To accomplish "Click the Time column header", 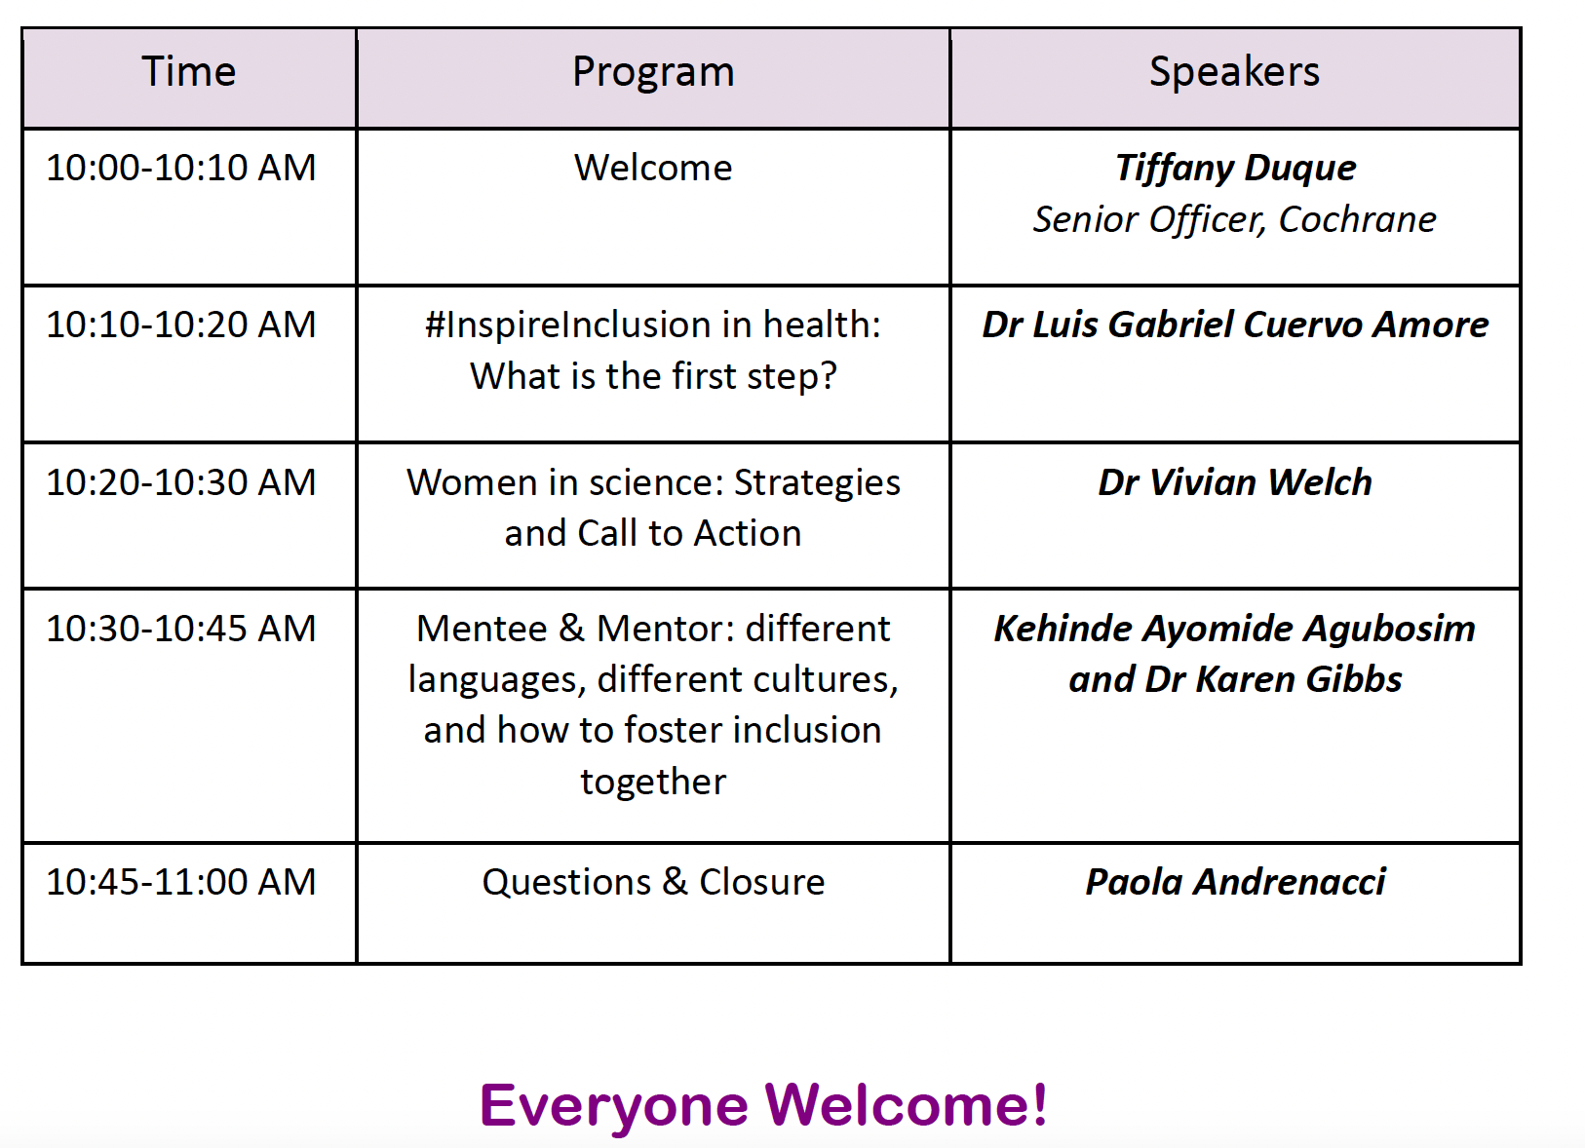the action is (x=189, y=71).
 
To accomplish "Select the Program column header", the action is (x=653, y=72).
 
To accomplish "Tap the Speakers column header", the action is (x=1235, y=72).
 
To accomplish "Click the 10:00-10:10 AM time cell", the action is (x=181, y=168).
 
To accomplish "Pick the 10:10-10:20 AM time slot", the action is (x=181, y=325).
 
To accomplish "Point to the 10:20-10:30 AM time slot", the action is (x=181, y=482).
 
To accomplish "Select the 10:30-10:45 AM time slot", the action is (x=181, y=629).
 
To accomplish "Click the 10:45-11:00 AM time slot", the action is (x=181, y=882).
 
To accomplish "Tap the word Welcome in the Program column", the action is (x=653, y=168).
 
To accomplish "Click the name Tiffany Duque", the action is (x=1235, y=170).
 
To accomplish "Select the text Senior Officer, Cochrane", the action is (x=1235, y=220).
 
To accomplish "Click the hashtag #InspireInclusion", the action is (x=568, y=326).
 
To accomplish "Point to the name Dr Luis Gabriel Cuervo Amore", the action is (x=1235, y=325).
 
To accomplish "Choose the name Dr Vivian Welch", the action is (x=1235, y=482).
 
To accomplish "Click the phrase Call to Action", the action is (x=689, y=533).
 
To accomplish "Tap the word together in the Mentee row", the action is (x=653, y=783).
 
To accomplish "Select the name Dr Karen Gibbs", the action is (x=1273, y=680).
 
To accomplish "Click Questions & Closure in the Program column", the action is (x=653, y=883).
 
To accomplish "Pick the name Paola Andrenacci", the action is (x=1235, y=882).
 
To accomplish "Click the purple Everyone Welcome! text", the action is (x=763, y=1105).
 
